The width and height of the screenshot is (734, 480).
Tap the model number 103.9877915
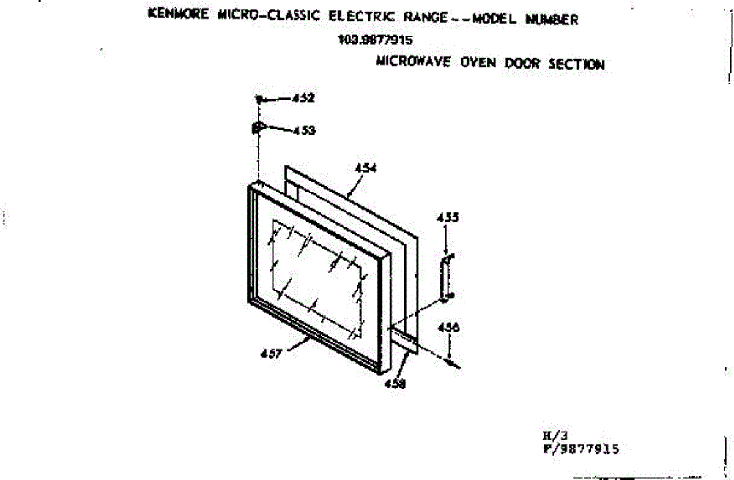pos(375,41)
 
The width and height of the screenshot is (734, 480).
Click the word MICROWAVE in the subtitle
pos(410,62)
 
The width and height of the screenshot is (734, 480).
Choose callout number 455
pos(448,217)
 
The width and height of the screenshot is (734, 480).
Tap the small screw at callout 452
pos(260,99)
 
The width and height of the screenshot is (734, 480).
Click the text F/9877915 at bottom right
pos(580,449)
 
